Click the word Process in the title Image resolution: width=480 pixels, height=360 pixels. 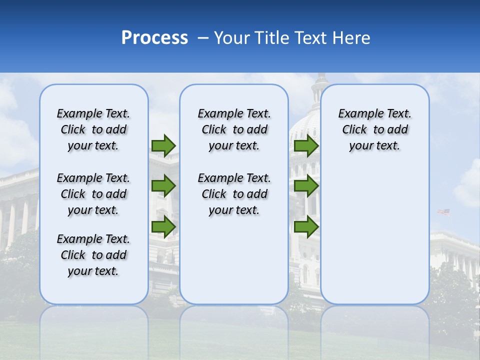click(x=154, y=38)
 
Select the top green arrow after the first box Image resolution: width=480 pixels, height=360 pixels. click(x=163, y=145)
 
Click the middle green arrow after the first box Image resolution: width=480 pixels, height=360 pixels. click(x=163, y=186)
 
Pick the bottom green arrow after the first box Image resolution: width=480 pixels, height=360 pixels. click(x=163, y=227)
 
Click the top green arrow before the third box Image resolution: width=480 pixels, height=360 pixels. click(x=306, y=145)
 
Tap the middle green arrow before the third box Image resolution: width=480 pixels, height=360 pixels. click(x=306, y=186)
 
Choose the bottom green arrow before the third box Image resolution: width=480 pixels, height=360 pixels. click(x=306, y=227)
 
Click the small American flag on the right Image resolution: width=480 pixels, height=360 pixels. click(x=443, y=212)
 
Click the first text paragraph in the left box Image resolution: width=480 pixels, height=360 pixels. click(x=93, y=129)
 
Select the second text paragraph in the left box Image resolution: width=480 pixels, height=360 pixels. click(x=93, y=194)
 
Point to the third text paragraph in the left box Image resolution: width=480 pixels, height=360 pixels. click(x=93, y=255)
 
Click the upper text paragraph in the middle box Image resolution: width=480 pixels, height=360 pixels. click(x=234, y=129)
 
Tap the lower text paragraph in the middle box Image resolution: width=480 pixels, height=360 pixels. click(x=234, y=194)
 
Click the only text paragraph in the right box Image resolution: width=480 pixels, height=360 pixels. click(x=374, y=129)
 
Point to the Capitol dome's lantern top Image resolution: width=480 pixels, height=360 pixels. click(x=320, y=79)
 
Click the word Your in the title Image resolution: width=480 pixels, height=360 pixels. click(x=232, y=38)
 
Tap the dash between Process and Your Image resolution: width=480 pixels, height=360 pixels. click(x=203, y=38)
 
